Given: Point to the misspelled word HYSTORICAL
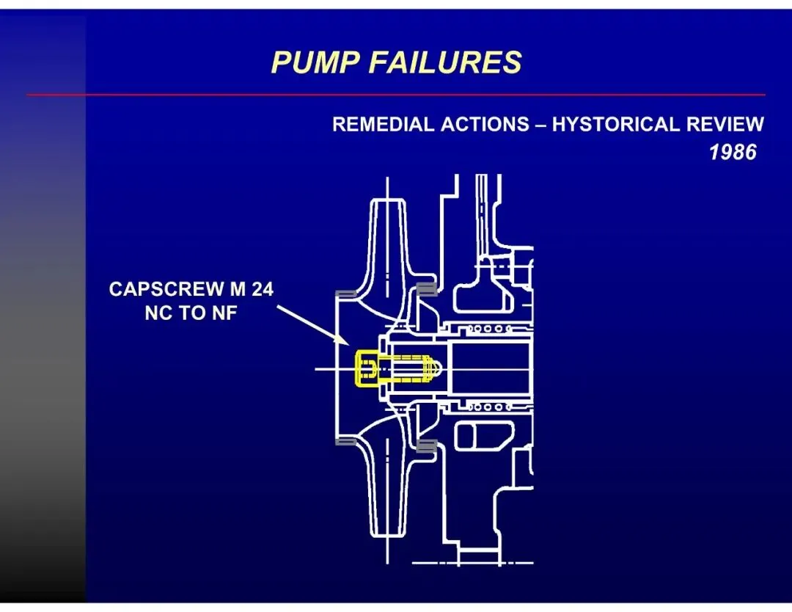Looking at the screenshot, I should point(616,124).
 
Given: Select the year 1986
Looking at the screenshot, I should point(733,153).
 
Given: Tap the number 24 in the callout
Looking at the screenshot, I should point(261,290).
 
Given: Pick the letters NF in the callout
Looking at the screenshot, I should point(224,314).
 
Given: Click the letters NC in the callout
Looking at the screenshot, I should point(158,314).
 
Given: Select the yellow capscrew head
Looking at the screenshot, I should point(367,368).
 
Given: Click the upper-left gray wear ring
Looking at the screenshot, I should point(345,294).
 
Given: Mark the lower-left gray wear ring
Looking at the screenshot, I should point(345,442).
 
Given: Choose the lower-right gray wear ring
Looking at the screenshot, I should point(426,445).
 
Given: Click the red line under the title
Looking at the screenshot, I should point(396,95).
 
